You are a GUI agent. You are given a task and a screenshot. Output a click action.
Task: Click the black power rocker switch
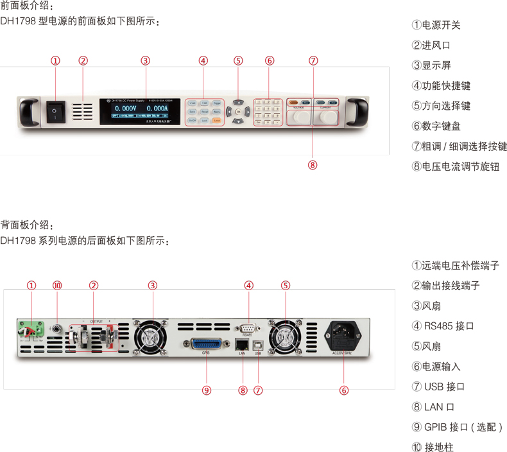pos(55,112)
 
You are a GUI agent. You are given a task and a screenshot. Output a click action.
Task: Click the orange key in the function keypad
pos(217,120)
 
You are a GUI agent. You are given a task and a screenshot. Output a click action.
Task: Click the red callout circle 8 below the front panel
pos(313,164)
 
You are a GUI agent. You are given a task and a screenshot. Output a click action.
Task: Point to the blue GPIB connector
pos(206,343)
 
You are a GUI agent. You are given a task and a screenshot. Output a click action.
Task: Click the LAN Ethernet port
pos(243,343)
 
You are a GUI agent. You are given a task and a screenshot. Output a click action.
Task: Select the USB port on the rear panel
pos(258,343)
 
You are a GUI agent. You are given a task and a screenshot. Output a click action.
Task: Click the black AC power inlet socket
pos(344,333)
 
